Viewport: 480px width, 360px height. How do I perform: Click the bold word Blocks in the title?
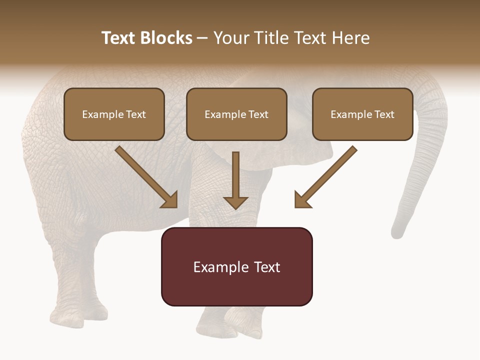(x=166, y=38)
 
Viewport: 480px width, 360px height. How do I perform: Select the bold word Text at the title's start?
(x=119, y=38)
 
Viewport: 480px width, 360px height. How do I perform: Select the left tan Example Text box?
(x=114, y=114)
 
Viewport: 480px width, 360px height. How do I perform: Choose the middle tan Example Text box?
(x=236, y=114)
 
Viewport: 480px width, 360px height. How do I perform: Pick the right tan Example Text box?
(x=362, y=114)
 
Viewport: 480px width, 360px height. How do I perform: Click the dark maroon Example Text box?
(x=236, y=266)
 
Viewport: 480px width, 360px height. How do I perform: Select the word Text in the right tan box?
(x=384, y=114)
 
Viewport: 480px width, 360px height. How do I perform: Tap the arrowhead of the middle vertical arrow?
(x=235, y=202)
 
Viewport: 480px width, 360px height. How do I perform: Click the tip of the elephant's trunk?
(x=397, y=232)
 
